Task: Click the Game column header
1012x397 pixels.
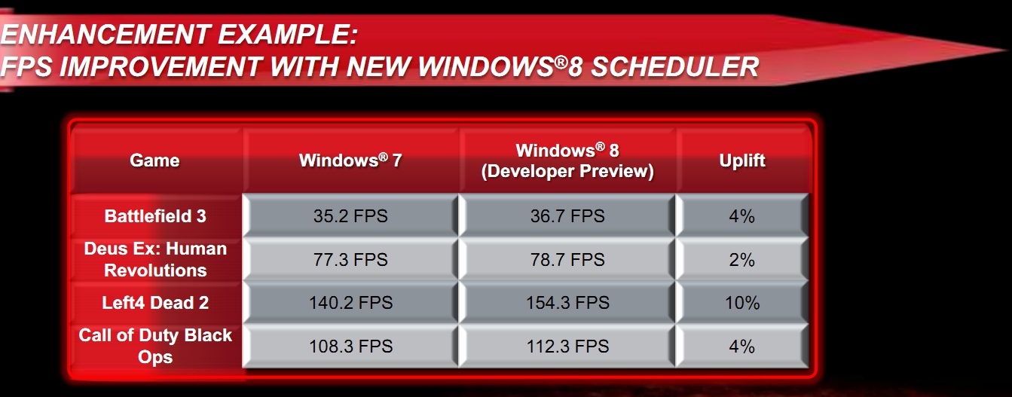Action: (154, 160)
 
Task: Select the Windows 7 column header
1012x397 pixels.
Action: (350, 160)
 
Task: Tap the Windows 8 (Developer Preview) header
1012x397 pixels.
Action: (567, 160)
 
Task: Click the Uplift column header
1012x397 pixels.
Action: (741, 160)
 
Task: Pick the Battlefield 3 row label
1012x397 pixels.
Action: (155, 216)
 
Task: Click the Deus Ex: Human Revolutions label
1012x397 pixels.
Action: (155, 259)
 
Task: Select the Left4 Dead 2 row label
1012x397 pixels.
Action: (155, 303)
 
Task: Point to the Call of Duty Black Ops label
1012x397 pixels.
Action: (155, 346)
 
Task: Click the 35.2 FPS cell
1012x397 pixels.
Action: (350, 216)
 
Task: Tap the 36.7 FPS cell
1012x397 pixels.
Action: (567, 216)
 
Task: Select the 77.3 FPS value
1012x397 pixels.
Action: (350, 260)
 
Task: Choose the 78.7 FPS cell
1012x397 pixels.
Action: (567, 260)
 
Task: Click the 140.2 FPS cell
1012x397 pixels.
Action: (350, 303)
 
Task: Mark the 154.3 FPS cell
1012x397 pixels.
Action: (567, 303)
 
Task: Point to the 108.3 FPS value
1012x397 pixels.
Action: (350, 347)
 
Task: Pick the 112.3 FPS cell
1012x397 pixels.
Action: (567, 347)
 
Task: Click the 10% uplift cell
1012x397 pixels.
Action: (741, 303)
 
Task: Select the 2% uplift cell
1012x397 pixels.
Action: (741, 260)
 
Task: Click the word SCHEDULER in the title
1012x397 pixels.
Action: (674, 67)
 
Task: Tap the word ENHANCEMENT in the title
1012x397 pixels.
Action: (105, 34)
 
